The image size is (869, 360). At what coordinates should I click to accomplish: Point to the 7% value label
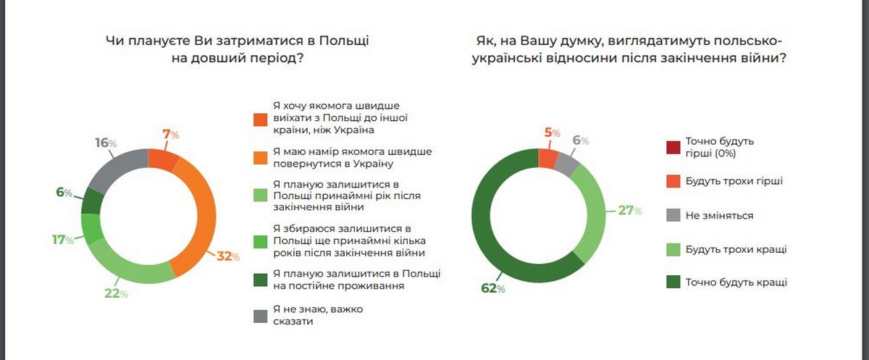169,134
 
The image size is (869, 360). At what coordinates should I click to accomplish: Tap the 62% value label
492,289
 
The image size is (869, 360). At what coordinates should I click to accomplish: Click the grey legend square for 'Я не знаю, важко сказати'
259,315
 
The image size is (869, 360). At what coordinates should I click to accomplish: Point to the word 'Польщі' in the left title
344,41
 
